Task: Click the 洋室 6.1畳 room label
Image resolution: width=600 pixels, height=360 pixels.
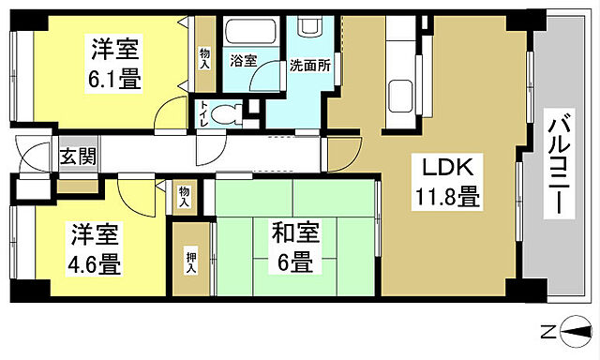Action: pos(115,62)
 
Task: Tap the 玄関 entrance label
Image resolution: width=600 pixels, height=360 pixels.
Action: pos(77,157)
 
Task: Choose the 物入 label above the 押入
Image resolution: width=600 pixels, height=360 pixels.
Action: pos(185,195)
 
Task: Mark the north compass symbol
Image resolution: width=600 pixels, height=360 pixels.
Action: pos(574,330)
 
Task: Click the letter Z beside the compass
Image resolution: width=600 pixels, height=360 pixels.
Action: pos(547,331)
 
